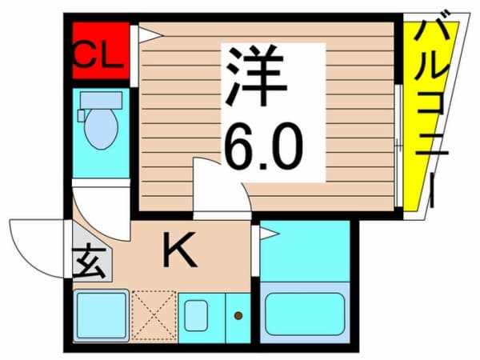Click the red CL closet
[x=100, y=51]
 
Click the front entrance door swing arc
[x=36, y=244]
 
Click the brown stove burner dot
[x=238, y=315]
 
